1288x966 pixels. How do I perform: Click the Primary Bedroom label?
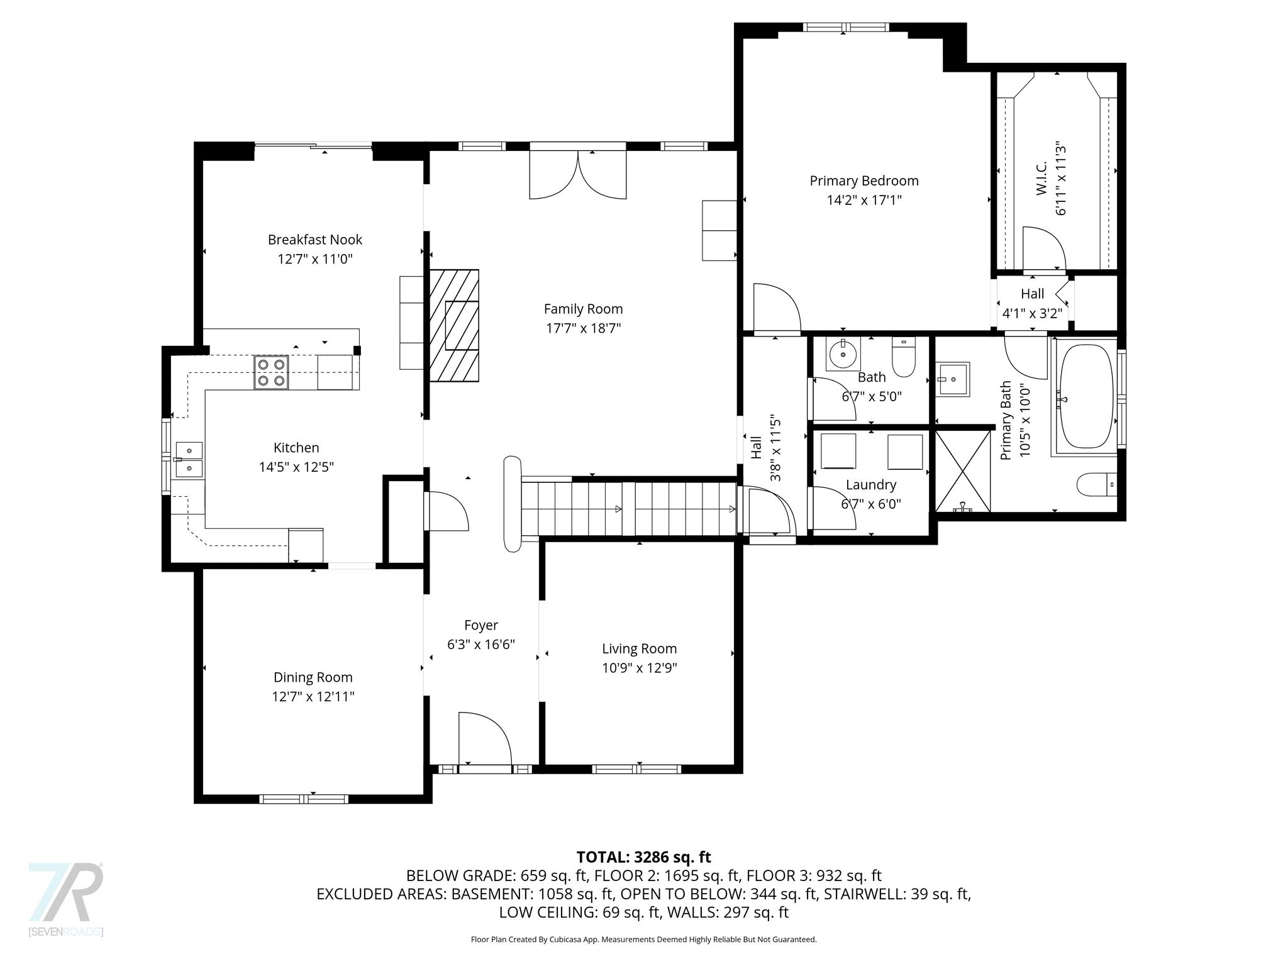pyautogui.click(x=863, y=181)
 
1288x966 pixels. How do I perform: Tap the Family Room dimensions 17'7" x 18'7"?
pyautogui.click(x=583, y=328)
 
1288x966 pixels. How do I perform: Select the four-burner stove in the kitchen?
pyautogui.click(x=271, y=372)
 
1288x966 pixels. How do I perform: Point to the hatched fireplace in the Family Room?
pyautogui.click(x=454, y=325)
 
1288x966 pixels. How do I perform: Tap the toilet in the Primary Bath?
pyautogui.click(x=1097, y=484)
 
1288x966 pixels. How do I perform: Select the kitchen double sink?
pyautogui.click(x=189, y=459)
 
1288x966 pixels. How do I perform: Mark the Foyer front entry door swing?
pyautogui.click(x=485, y=738)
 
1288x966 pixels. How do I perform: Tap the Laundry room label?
pyautogui.click(x=870, y=485)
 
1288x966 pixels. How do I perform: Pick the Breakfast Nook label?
pyautogui.click(x=315, y=240)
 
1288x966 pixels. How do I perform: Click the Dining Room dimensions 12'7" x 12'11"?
pyautogui.click(x=313, y=697)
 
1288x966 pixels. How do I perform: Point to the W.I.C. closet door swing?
pyautogui.click(x=1044, y=250)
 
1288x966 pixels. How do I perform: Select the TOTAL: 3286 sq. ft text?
pyautogui.click(x=643, y=857)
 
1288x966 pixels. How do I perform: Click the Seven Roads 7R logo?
pyautogui.click(x=65, y=899)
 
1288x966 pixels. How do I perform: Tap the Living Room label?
pyautogui.click(x=640, y=649)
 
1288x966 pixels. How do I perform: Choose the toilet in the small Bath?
pyautogui.click(x=903, y=357)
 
